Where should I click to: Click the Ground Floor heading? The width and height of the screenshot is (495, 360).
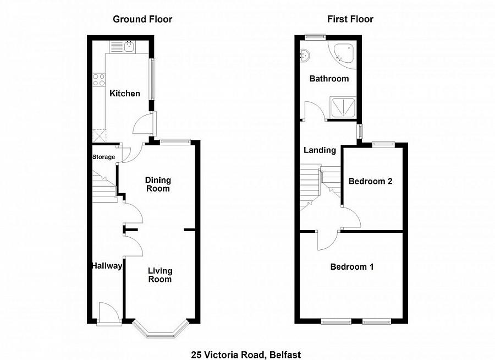pyautogui.click(x=142, y=19)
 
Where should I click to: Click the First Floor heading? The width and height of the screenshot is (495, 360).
pyautogui.click(x=350, y=19)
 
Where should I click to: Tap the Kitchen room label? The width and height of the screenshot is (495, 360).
pyautogui.click(x=125, y=94)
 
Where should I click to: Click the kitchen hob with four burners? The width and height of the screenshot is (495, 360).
pyautogui.click(x=99, y=79)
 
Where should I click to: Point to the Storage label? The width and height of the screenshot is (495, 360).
pyautogui.click(x=104, y=157)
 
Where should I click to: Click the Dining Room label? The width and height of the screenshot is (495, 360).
pyautogui.click(x=158, y=184)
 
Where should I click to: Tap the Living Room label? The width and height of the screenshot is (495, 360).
pyautogui.click(x=159, y=275)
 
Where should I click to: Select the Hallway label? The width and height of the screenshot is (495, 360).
pyautogui.click(x=107, y=266)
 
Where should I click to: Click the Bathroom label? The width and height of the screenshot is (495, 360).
pyautogui.click(x=329, y=79)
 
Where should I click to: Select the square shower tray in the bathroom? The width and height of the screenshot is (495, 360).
pyautogui.click(x=343, y=107)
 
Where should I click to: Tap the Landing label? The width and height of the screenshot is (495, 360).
pyautogui.click(x=320, y=150)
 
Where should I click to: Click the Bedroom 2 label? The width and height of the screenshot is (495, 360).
pyautogui.click(x=370, y=181)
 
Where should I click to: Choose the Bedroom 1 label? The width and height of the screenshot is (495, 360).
pyautogui.click(x=352, y=267)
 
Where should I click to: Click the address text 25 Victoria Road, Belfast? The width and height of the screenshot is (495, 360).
pyautogui.click(x=246, y=355)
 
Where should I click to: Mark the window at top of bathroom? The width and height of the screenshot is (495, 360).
pyautogui.click(x=315, y=37)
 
